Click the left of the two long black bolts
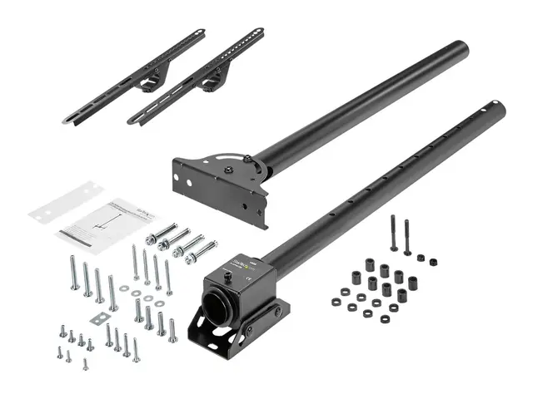393,234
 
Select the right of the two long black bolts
407,236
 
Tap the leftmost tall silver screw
73,273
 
